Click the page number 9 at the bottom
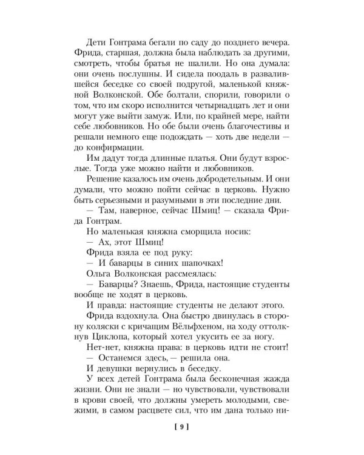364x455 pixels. [181, 427]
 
